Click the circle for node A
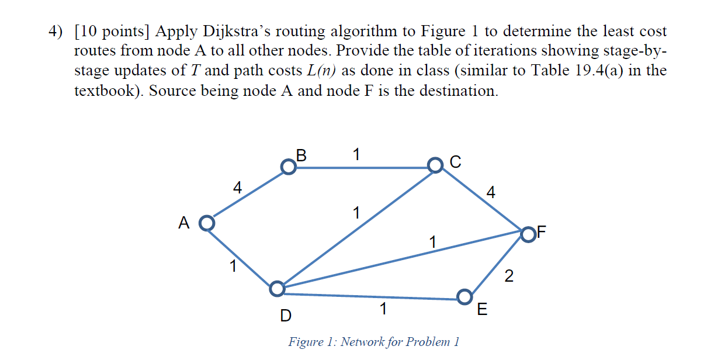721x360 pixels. coord(206,223)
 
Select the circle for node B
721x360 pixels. coord(288,167)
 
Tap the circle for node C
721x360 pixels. coord(435,165)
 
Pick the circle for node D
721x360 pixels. coord(277,288)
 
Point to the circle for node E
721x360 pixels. coord(465,296)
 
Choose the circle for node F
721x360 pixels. coord(528,234)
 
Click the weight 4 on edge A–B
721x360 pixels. coord(237,188)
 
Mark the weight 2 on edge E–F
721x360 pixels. coord(508,276)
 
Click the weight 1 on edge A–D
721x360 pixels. coord(233,267)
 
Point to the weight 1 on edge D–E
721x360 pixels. coord(382,309)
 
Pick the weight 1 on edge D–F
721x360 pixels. coord(432,241)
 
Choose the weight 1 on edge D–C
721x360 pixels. coord(356,213)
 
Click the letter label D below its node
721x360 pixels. coord(285,316)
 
